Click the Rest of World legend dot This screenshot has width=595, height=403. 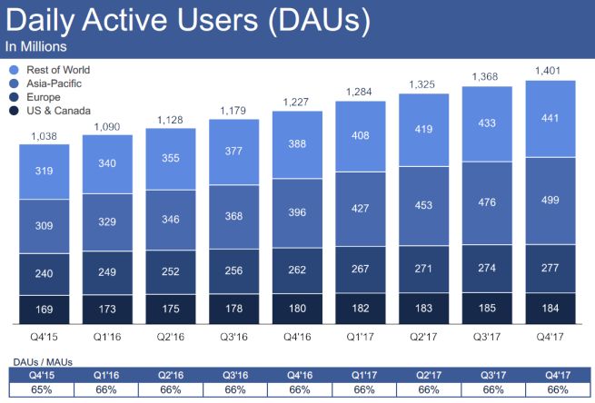(x=14, y=70)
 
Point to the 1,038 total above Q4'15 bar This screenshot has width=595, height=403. (x=50, y=136)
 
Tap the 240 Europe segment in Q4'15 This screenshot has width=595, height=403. (x=50, y=274)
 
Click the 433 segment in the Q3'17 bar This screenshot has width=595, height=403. (x=488, y=123)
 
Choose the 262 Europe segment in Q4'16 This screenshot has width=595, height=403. (x=300, y=270)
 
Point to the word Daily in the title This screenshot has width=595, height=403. (x=38, y=21)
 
